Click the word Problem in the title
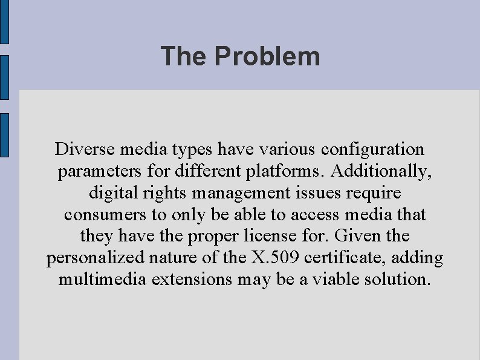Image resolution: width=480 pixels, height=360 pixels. click(x=267, y=56)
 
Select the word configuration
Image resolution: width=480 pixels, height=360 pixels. click(x=374, y=149)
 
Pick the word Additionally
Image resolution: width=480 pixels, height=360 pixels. click(x=382, y=172)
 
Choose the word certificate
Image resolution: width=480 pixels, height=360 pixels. click(x=347, y=258)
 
